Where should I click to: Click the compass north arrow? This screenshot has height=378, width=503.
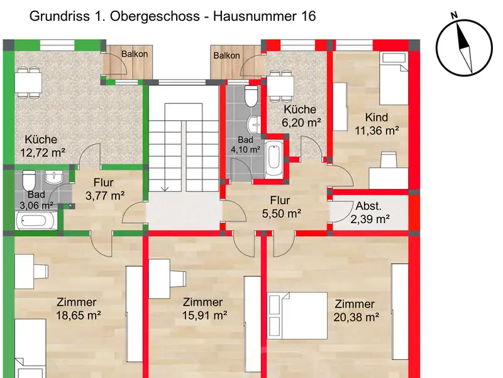click(464, 48)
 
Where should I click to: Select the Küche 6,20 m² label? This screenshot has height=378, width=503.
click(301, 116)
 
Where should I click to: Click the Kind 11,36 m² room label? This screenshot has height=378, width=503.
click(377, 123)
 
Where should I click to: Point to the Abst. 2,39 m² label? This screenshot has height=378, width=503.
click(370, 212)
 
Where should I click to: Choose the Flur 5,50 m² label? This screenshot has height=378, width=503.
click(281, 207)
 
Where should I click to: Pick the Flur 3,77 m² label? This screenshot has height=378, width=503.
click(105, 189)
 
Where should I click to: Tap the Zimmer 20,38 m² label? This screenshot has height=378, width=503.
click(356, 311)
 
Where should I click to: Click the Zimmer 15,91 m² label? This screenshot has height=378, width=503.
click(204, 309)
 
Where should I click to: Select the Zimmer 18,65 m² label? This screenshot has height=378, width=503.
click(78, 309)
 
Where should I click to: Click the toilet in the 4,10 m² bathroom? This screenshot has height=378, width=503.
click(251, 96)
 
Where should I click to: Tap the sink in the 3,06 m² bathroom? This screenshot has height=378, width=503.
click(53, 177)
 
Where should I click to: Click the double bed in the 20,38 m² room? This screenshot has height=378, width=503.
click(297, 316)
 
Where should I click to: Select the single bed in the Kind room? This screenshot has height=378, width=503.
click(394, 79)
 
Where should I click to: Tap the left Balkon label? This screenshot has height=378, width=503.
click(135, 54)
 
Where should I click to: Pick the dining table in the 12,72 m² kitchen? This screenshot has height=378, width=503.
click(28, 83)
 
